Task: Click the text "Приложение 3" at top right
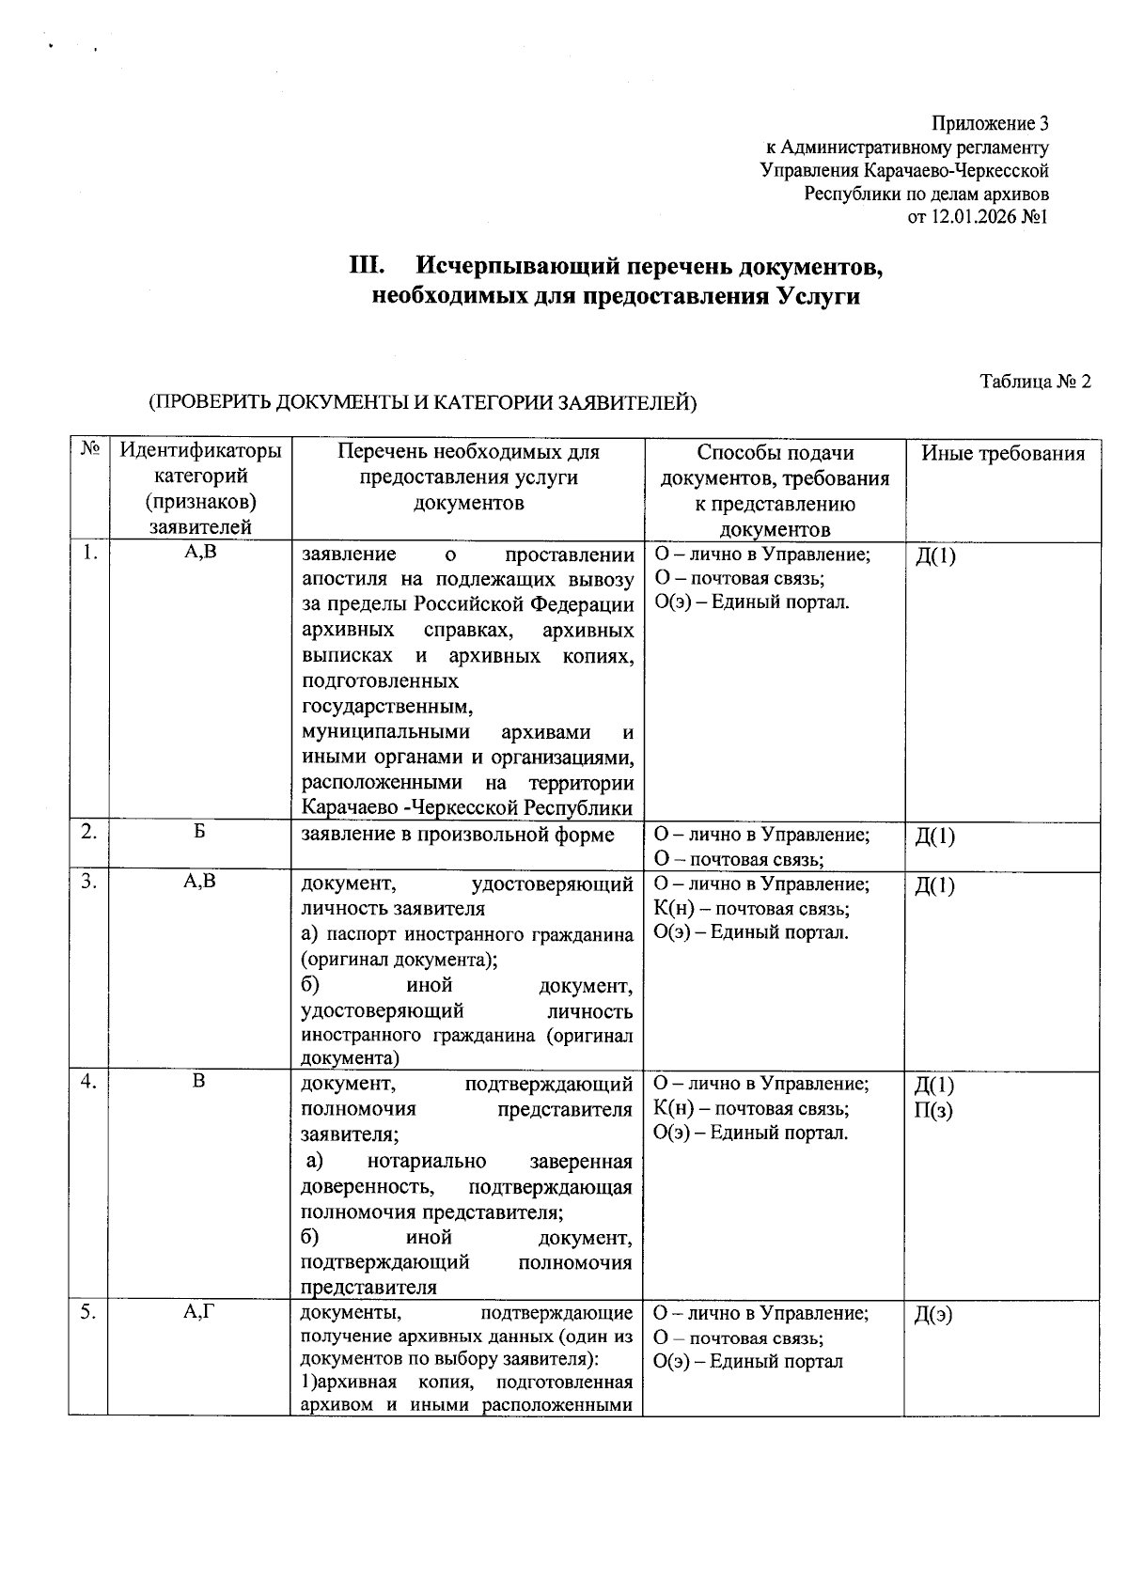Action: (990, 124)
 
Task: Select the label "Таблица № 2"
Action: (1035, 382)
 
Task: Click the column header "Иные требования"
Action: (1002, 454)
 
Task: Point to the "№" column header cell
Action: (89, 450)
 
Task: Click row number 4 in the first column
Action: (88, 1082)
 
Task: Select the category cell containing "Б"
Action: (199, 834)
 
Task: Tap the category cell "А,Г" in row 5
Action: (199, 1313)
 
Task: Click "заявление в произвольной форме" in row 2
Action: (457, 835)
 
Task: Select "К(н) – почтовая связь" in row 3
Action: (751, 909)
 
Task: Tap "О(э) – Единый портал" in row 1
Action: (751, 602)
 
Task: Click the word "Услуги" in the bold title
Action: (818, 297)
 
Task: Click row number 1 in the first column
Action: (88, 554)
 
